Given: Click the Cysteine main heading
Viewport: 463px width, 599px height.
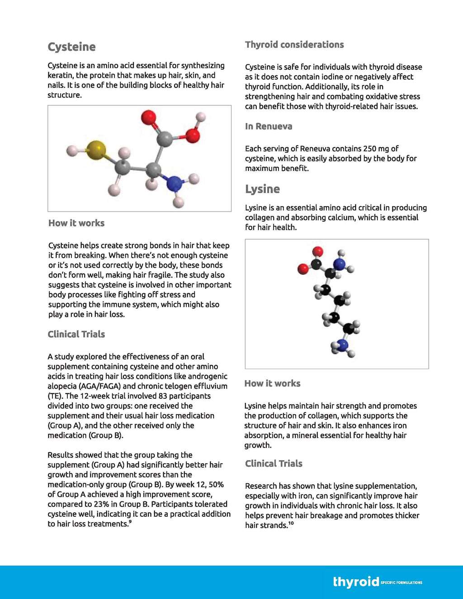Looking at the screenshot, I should (x=71, y=47).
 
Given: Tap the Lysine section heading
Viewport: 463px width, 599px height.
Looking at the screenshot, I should (x=262, y=189).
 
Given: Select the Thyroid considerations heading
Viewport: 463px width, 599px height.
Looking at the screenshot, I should (x=294, y=45).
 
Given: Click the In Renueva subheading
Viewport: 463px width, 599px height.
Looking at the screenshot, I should (x=269, y=127).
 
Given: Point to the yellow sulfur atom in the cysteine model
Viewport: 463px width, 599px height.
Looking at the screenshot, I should (x=96, y=150).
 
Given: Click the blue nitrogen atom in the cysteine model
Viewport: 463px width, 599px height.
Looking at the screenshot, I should (x=175, y=184).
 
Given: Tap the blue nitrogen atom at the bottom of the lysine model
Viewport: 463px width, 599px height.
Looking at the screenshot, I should (x=343, y=346).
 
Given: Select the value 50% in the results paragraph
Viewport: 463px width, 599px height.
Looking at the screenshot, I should (x=216, y=485).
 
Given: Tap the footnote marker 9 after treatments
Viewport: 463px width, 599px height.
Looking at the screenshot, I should (x=130, y=522).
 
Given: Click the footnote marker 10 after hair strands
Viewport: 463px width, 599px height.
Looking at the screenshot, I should (x=291, y=524).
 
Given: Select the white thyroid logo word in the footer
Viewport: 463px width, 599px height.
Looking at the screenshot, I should (x=356, y=581).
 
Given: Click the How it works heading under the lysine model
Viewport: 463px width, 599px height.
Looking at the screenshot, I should (x=272, y=384).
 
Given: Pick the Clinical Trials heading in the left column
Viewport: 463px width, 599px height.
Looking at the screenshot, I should (x=76, y=335).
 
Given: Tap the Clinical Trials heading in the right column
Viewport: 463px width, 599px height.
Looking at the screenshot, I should (x=274, y=464).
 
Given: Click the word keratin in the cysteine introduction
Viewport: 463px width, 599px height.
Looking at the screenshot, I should (x=60, y=75).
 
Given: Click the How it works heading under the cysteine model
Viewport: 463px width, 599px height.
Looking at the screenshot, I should (x=76, y=223).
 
